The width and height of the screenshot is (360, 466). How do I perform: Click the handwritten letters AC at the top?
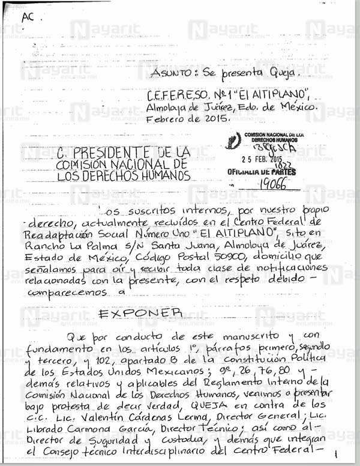click(28, 17)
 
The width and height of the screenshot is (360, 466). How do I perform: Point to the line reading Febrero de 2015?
click(188, 118)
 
